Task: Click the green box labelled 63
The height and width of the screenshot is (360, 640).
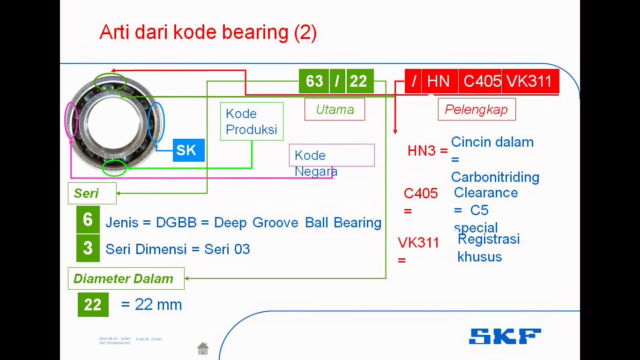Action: pyautogui.click(x=314, y=81)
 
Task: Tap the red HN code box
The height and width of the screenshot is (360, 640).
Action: pyautogui.click(x=439, y=81)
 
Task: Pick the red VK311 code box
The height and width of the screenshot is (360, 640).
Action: pyautogui.click(x=530, y=81)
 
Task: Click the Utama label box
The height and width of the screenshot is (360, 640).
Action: pyautogui.click(x=335, y=109)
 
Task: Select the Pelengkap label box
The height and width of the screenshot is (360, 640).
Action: pyautogui.click(x=476, y=109)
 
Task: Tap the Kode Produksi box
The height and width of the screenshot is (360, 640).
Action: pyautogui.click(x=252, y=121)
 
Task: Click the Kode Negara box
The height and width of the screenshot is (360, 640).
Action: pyautogui.click(x=332, y=155)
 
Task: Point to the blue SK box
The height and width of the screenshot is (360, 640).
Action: pyautogui.click(x=188, y=150)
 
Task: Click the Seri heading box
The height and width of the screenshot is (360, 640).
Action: pyautogui.click(x=92, y=193)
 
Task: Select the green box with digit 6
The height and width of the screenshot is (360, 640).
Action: pyautogui.click(x=88, y=219)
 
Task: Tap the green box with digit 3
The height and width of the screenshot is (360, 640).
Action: pyautogui.click(x=88, y=248)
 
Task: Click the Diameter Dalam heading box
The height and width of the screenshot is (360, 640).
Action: pyautogui.click(x=126, y=279)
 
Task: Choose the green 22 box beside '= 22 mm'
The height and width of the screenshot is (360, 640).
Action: pyautogui.click(x=93, y=305)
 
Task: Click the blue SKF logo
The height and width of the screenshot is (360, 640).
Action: pyautogui.click(x=505, y=336)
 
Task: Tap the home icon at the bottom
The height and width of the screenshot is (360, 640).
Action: pyautogui.click(x=203, y=348)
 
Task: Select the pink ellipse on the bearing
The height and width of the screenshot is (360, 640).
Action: pyautogui.click(x=71, y=120)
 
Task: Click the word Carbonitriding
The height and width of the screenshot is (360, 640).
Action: pyautogui.click(x=495, y=177)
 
